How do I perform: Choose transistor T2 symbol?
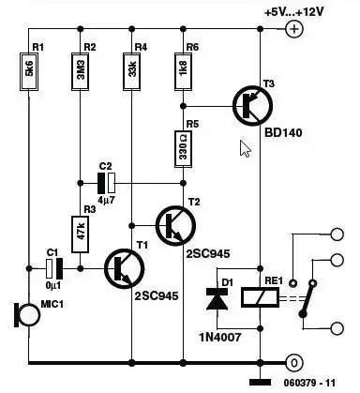171,224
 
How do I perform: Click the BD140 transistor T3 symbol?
247,105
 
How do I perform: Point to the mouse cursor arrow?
245,148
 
